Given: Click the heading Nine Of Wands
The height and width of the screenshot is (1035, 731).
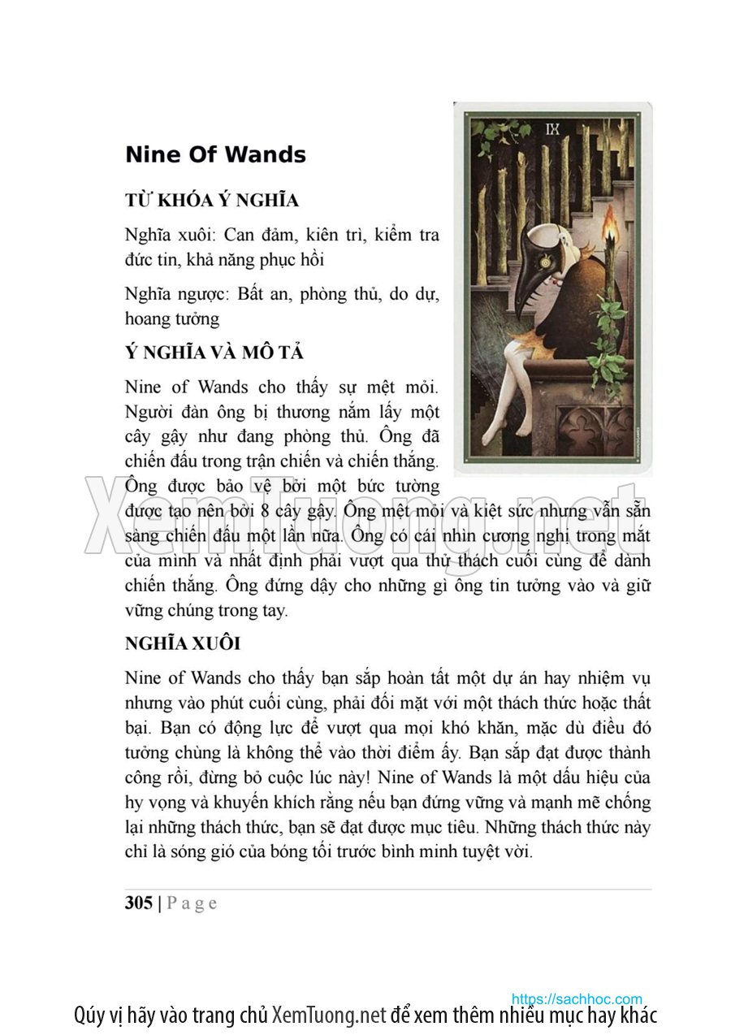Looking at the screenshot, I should (x=215, y=154).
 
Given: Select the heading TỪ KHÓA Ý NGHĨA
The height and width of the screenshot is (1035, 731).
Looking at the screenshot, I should (x=212, y=200).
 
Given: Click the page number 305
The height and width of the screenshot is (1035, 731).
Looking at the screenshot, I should (x=139, y=903).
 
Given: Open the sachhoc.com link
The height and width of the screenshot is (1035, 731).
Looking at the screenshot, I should (x=577, y=998).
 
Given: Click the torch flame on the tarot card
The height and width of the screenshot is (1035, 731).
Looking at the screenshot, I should (x=611, y=223).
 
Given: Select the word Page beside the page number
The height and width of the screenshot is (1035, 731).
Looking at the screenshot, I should (x=192, y=903).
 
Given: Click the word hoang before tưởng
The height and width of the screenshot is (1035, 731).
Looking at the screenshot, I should (x=147, y=318).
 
